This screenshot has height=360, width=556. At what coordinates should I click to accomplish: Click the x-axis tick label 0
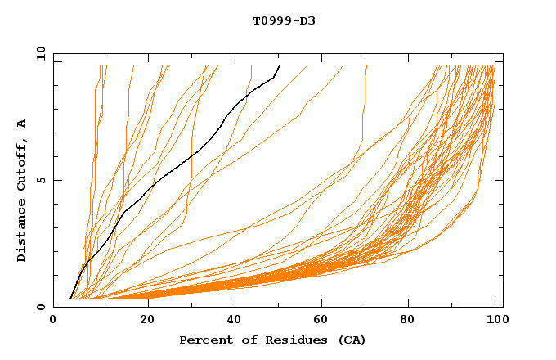point(53,321)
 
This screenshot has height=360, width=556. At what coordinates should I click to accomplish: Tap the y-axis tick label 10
point(40,52)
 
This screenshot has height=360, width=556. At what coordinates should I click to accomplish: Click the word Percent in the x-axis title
point(204,340)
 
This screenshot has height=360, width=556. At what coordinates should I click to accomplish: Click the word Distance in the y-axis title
point(22,232)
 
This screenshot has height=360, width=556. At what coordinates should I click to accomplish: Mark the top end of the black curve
point(280,65)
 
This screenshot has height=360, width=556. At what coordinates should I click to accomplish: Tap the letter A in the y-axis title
point(22,124)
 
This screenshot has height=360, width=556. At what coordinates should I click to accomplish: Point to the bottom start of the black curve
point(70,299)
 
